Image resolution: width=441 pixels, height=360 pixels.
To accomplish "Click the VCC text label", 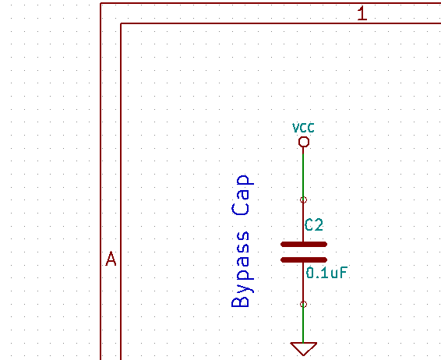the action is tap(303, 128).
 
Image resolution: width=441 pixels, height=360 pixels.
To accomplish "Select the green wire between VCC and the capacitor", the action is tap(303, 175).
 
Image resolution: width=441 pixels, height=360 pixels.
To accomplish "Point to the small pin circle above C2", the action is tap(303, 200).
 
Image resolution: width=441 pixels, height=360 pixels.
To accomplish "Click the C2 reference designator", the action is tap(314, 225).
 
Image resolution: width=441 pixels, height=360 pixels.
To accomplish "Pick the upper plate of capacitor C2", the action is tap(304, 245).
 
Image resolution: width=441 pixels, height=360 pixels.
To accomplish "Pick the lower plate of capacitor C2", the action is tap(304, 260).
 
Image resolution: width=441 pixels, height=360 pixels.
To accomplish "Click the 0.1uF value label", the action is tap(326, 273).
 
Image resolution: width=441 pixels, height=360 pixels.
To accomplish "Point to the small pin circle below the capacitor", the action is tap(303, 305).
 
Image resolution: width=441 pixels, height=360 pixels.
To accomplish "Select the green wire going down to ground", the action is tap(303, 325).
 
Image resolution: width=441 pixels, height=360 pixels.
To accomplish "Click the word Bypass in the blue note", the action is tap(241, 270).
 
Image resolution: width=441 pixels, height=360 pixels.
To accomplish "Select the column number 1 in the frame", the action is tap(362, 13).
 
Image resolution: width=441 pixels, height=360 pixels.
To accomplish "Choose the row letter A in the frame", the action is tap(111, 259).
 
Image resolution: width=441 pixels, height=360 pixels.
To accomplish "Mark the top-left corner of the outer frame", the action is tap(101, 3).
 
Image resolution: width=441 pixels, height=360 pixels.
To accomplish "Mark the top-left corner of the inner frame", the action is tap(121, 23).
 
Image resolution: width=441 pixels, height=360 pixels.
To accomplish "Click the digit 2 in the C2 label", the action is tap(319, 225).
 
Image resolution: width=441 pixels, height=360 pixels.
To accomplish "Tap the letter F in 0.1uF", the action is tap(344, 273).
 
